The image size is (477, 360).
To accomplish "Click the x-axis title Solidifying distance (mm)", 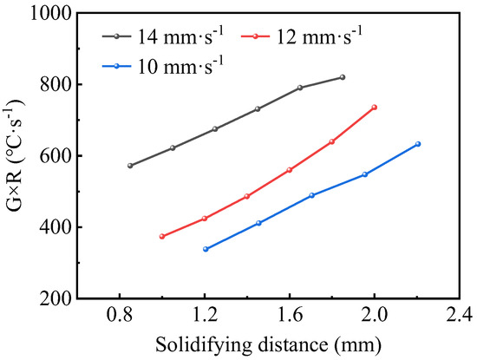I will tap(268, 344).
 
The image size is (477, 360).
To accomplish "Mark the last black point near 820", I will tap(343, 77).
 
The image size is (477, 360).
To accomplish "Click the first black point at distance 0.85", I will tap(130, 166).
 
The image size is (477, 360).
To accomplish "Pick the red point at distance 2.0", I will tap(375, 108).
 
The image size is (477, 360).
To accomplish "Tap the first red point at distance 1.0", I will tap(162, 236).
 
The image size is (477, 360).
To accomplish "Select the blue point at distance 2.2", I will tap(417, 144).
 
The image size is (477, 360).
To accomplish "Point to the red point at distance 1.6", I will tap(290, 170).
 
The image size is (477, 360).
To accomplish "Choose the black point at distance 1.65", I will tap(300, 88).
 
